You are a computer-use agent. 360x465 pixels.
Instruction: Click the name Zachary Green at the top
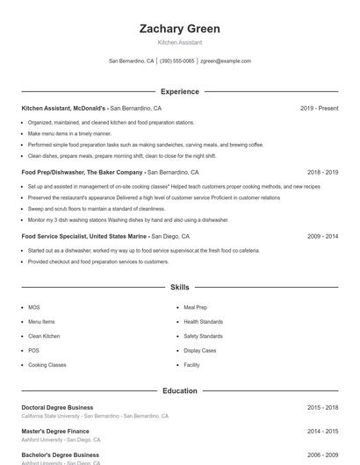pos(179,28)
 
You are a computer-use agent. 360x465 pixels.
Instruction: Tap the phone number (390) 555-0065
pos(176,61)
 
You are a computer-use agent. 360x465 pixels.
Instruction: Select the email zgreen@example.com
pos(226,61)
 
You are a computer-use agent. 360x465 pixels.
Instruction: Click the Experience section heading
pos(179,91)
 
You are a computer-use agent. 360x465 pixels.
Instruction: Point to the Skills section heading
pos(179,287)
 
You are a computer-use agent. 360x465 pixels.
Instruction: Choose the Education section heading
pos(179,390)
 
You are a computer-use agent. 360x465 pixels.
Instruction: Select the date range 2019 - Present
pos(319,108)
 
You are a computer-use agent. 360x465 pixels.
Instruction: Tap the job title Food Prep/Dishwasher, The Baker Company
pos(83,172)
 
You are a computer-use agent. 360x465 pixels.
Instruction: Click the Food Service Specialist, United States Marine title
pos(85,236)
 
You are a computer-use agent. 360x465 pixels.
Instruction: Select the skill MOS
pos(34,308)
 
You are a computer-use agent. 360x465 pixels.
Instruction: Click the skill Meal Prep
pos(195,308)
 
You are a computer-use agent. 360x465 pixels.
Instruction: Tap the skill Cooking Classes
pos(47,365)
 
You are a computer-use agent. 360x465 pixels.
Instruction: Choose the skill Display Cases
pos(199,351)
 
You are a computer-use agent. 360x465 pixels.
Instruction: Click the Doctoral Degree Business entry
pos(57,407)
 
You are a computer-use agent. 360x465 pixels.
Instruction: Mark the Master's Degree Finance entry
pos(55,431)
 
